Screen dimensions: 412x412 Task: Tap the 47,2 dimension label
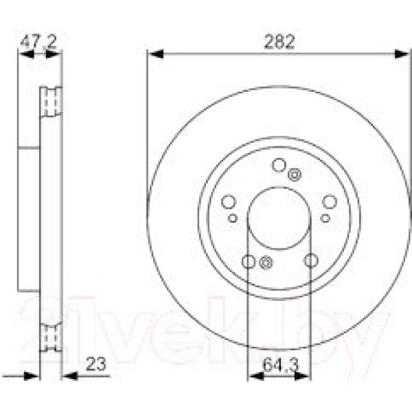coord(37,42)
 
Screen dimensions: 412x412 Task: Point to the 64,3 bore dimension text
coord(279,365)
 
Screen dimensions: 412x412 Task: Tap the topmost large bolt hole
coord(279,165)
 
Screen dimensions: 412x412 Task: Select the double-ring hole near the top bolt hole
coord(295,174)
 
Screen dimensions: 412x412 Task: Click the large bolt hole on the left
coord(229,202)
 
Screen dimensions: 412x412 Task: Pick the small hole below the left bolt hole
coord(233,218)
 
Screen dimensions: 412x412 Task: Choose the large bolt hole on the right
coord(330,201)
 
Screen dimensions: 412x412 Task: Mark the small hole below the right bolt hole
coord(325,218)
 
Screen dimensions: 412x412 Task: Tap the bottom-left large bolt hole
coord(249,261)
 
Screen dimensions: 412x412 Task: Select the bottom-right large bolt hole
coord(311,260)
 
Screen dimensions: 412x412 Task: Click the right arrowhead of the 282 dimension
coord(405,53)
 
